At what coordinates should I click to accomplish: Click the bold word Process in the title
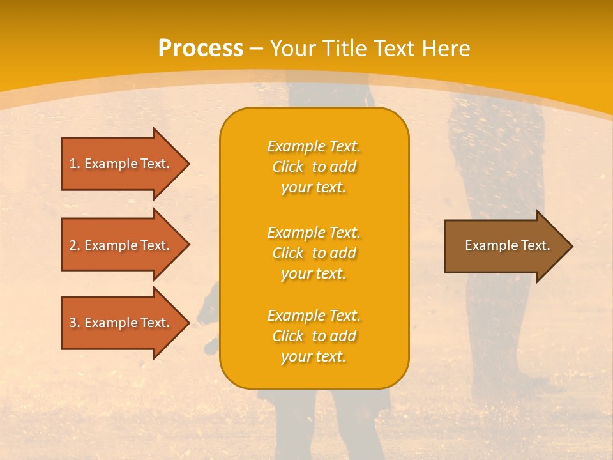201,49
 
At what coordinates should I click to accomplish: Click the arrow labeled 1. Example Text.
126,164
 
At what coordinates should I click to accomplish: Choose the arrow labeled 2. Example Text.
126,245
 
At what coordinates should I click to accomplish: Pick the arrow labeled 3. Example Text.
126,323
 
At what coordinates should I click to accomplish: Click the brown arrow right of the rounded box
509,246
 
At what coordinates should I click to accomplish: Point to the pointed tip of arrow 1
190,164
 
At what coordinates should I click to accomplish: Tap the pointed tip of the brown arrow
573,247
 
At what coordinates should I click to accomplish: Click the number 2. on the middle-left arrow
75,245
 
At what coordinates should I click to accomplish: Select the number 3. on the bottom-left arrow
75,323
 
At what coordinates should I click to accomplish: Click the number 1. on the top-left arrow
75,164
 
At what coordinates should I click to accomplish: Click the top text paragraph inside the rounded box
314,167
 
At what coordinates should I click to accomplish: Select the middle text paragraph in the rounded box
314,253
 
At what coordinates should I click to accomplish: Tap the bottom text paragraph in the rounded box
314,336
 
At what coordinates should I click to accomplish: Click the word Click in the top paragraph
288,167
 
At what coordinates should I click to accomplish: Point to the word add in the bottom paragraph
343,336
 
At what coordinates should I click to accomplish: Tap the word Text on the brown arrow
536,245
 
